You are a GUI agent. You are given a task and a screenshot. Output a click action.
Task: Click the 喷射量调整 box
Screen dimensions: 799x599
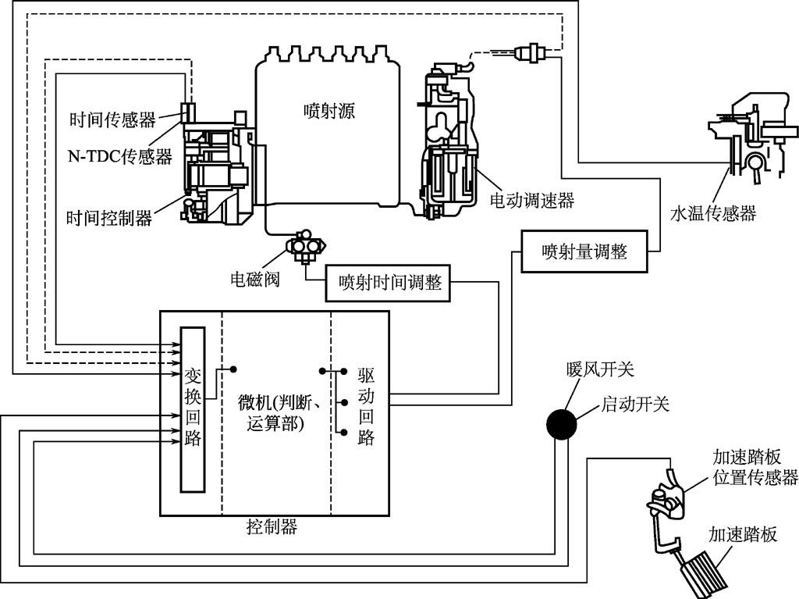click(584, 251)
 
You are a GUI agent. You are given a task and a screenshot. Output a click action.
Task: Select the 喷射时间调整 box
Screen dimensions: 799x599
click(388, 283)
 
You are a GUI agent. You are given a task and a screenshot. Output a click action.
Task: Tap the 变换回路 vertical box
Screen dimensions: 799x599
click(194, 409)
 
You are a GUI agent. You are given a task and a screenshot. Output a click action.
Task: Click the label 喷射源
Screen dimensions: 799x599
click(328, 111)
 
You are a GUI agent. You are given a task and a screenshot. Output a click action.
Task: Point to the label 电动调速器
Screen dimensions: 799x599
click(531, 200)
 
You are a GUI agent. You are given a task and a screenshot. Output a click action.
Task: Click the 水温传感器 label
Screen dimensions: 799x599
click(713, 212)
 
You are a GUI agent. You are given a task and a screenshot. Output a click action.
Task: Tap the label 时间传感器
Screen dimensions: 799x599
click(112, 119)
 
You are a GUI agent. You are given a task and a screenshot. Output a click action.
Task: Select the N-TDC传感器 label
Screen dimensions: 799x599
click(120, 155)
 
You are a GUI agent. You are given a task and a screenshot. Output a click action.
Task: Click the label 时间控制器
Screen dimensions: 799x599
click(109, 218)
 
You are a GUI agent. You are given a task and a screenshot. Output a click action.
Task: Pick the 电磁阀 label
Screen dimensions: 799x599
click(255, 279)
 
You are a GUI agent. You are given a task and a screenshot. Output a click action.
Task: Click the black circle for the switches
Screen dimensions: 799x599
click(562, 424)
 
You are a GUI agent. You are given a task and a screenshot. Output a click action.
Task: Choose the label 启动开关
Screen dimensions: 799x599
click(635, 404)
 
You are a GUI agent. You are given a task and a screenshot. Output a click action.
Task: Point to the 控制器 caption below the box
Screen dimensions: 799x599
click(271, 526)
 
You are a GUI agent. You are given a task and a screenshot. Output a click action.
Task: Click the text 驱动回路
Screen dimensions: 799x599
click(366, 406)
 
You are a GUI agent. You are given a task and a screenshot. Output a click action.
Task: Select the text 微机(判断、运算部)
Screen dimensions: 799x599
click(279, 413)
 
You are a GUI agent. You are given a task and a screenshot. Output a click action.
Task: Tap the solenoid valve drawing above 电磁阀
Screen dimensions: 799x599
click(305, 245)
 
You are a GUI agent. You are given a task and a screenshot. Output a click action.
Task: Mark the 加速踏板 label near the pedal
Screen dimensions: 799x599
click(743, 534)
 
